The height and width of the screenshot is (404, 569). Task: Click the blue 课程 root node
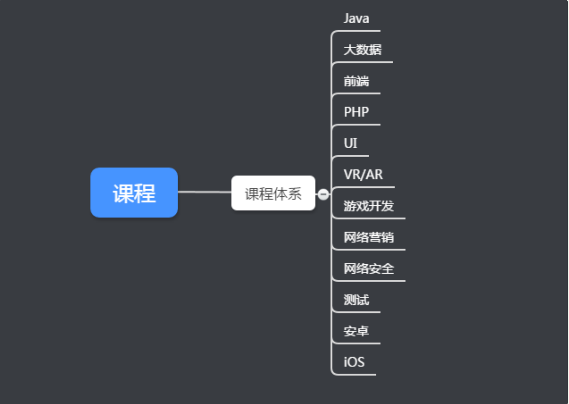134,192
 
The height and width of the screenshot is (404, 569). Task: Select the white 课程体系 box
273,193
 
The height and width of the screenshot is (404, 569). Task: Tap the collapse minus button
323,194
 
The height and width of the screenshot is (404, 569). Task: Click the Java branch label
356,18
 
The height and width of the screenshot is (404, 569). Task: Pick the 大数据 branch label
363,50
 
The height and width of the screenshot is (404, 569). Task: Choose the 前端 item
356,81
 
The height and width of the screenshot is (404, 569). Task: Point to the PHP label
356,112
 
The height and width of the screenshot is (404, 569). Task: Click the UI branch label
350,143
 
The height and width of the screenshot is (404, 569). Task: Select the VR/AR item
363,175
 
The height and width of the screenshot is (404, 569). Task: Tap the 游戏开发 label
369,206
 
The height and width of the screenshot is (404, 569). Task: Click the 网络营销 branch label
369,237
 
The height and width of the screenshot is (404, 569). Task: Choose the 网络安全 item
369,269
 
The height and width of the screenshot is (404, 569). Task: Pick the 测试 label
356,300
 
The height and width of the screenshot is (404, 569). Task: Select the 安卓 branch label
356,331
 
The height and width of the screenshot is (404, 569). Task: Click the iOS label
354,362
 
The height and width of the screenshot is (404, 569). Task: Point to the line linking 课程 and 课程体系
205,192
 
